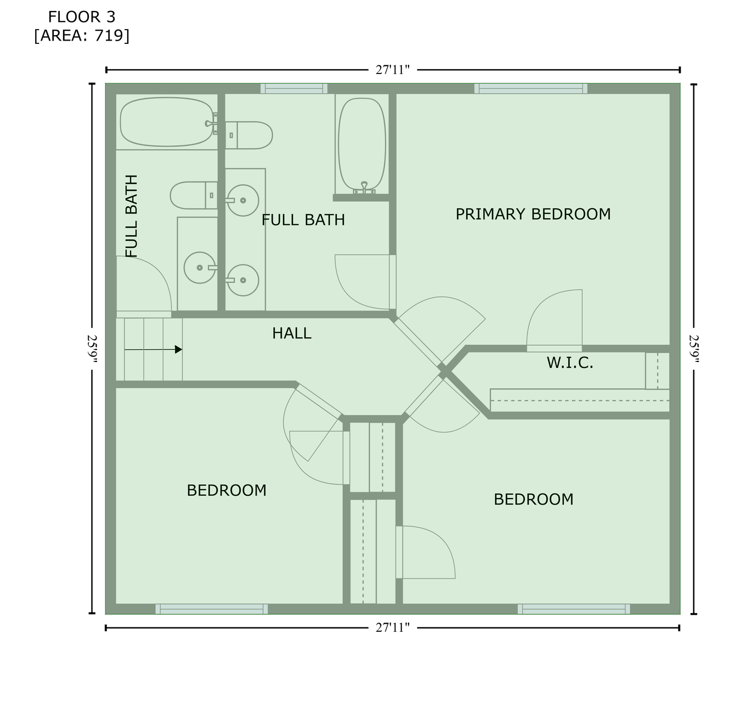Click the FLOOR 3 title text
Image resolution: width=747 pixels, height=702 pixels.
coord(82,17)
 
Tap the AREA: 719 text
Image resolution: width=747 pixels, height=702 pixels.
coord(82,36)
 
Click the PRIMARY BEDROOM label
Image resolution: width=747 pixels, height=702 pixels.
coord(533,214)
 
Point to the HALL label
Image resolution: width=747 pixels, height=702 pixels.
coord(291,333)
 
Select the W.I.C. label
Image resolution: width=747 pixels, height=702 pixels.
coord(570,363)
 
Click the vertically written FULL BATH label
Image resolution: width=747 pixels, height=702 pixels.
coord(131,216)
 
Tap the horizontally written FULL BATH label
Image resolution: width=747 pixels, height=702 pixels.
coord(303,220)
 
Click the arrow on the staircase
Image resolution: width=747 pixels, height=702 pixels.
coord(153,349)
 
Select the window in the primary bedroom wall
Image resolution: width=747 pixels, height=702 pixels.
coord(531,89)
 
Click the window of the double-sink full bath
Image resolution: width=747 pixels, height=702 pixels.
coord(294,89)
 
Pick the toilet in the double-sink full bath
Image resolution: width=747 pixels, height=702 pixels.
coord(249,135)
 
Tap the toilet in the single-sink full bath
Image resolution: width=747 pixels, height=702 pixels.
coord(194,195)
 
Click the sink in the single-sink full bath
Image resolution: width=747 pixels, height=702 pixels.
coord(200,268)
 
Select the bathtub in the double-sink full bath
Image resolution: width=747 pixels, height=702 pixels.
coord(362,144)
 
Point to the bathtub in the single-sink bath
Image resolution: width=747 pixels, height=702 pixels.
coord(167,122)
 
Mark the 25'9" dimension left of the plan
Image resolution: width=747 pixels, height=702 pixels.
coord(92,349)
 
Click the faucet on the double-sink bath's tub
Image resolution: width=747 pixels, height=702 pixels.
coord(364,188)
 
